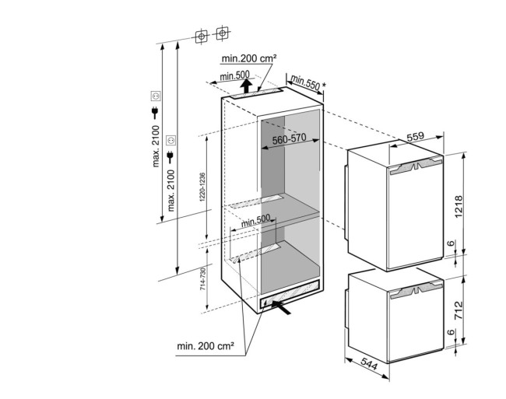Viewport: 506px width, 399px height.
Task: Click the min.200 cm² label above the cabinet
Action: (249, 58)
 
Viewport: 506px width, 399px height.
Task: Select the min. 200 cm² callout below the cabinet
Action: (205, 344)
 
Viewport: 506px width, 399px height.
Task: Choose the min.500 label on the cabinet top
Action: (234, 75)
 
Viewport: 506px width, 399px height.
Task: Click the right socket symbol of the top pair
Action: (223, 35)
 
